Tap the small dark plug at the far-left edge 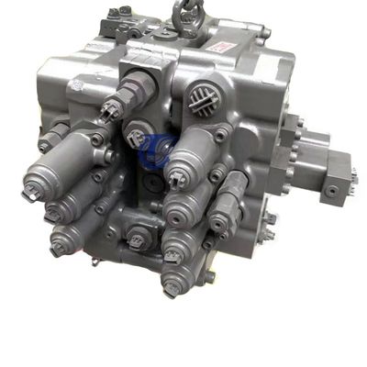43,144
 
